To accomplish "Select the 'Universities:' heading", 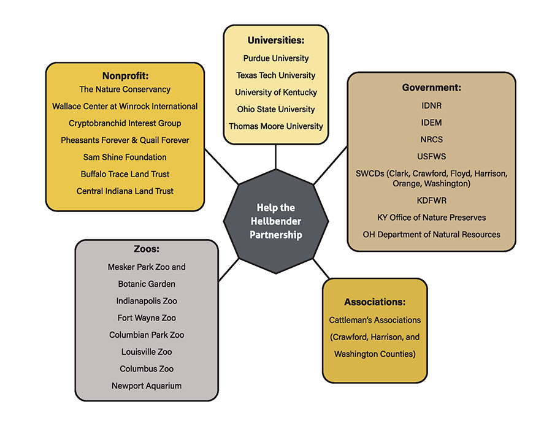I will click(x=275, y=40).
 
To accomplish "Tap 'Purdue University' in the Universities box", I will click(x=275, y=58).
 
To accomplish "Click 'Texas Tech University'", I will click(x=275, y=75).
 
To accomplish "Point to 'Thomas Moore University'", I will click(x=275, y=126).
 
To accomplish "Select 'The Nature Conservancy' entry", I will click(x=125, y=89).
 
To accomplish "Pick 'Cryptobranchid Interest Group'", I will click(x=125, y=123).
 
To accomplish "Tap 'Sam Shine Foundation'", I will click(x=125, y=157).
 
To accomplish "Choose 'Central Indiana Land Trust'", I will click(x=125, y=191).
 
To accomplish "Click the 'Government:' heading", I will click(x=431, y=88).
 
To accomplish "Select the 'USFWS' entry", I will click(x=431, y=157).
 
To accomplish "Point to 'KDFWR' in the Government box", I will click(x=431, y=200).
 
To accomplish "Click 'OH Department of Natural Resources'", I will click(x=431, y=234).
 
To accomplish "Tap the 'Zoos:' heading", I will click(x=147, y=249).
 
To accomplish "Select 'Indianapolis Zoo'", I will click(x=147, y=301).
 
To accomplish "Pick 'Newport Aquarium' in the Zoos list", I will click(x=147, y=386).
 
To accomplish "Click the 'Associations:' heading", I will click(x=374, y=302).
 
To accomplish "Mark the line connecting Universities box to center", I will click(x=275, y=157).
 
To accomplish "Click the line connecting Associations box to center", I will click(x=321, y=268).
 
